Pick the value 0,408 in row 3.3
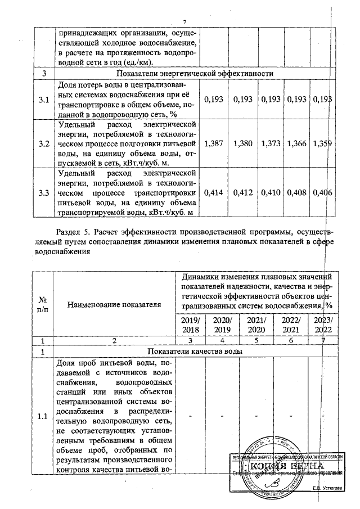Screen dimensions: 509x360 coord(298,193)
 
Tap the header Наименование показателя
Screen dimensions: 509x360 coord(114,304)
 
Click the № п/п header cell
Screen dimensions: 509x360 coord(42,304)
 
